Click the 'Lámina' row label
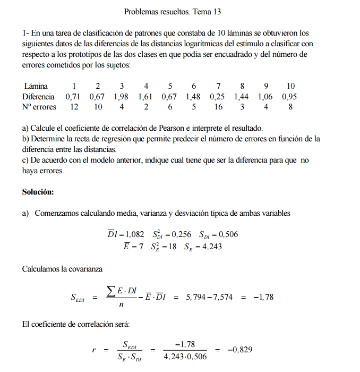(x=36, y=86)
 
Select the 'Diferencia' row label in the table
(x=38, y=97)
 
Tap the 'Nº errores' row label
(x=39, y=107)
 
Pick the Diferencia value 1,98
(x=122, y=97)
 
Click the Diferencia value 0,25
(x=218, y=97)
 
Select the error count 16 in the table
(x=218, y=107)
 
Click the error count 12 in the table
(x=74, y=107)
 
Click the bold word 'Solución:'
(x=38, y=191)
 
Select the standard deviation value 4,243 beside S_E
(x=210, y=247)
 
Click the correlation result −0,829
(x=239, y=350)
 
